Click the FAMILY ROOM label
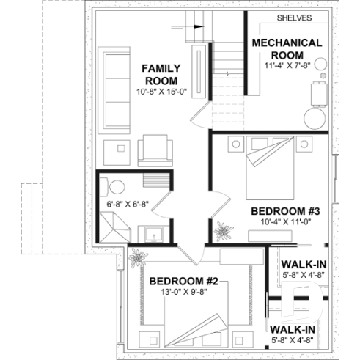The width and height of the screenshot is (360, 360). [x=161, y=74]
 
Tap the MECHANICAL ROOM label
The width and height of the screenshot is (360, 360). [x=287, y=48]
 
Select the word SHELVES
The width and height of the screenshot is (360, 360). [x=295, y=18]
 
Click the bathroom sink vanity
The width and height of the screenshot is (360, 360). [x=154, y=234]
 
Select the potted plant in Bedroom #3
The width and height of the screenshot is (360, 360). [x=221, y=231]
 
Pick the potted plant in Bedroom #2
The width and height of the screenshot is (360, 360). [x=137, y=258]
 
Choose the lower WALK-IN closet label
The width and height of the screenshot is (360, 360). [x=293, y=329]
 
